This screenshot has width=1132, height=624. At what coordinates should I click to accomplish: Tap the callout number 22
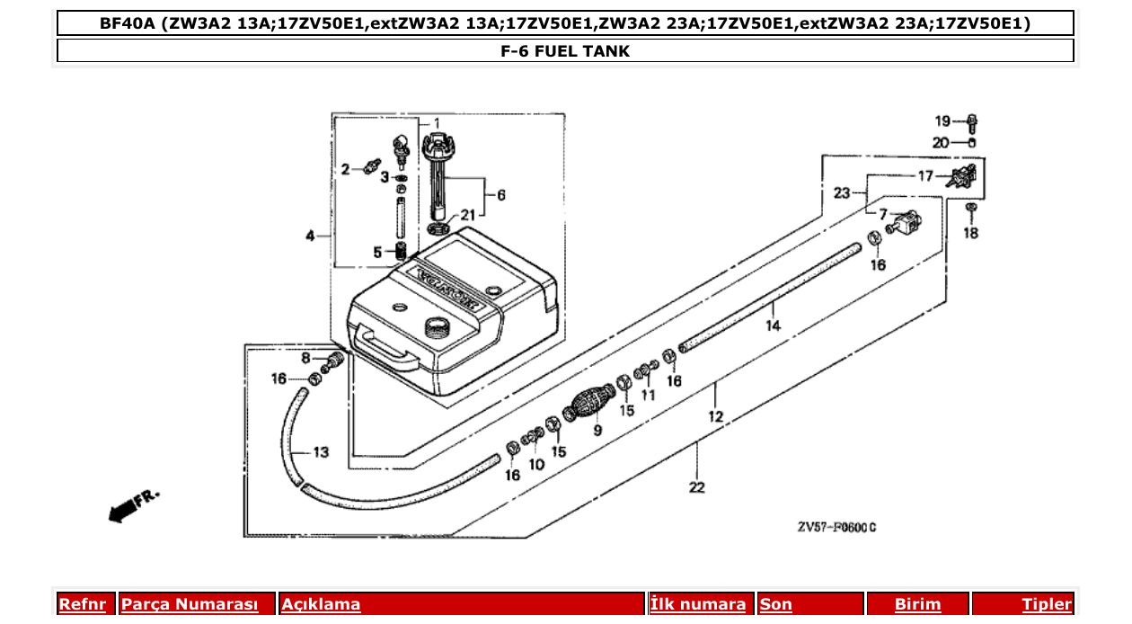tap(697, 487)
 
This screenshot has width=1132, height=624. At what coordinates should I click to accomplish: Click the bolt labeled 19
tap(974, 121)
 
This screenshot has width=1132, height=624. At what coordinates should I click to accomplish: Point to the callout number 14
tap(774, 326)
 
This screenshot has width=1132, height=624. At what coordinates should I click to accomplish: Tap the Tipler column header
tap(1046, 604)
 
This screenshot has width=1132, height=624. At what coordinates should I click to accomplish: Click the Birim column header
tap(917, 604)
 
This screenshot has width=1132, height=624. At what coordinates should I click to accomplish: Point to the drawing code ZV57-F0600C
tap(836, 528)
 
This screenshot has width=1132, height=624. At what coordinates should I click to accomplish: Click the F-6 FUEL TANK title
tap(565, 51)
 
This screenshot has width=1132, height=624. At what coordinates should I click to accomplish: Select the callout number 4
tap(310, 236)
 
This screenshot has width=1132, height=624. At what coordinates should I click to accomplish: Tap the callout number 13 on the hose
tap(321, 451)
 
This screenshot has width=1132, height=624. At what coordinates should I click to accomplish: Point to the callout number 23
tap(841, 192)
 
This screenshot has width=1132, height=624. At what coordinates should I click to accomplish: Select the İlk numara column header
tap(698, 604)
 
